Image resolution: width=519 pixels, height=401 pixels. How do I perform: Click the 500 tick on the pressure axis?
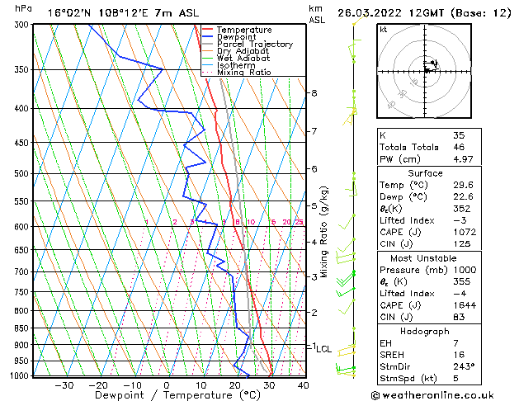(18, 174)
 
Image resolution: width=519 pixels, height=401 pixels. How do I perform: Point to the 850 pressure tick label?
(18, 328)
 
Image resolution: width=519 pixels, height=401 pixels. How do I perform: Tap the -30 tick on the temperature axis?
(64, 384)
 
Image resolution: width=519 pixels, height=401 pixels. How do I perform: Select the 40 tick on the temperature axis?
(303, 384)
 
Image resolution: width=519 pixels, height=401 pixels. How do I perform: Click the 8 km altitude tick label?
(314, 93)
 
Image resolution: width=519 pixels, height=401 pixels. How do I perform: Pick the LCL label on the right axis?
(323, 349)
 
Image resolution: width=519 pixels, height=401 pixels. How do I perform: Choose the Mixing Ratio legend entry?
(243, 73)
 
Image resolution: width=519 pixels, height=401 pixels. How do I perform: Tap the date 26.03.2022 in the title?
(381, 12)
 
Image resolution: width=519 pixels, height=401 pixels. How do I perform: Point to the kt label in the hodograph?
(383, 30)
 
